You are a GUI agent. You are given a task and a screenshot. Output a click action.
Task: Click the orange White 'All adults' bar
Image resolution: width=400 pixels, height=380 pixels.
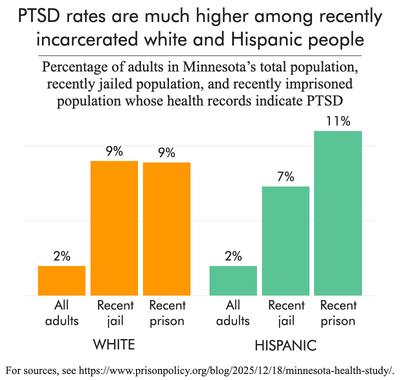pyautogui.click(x=62, y=280)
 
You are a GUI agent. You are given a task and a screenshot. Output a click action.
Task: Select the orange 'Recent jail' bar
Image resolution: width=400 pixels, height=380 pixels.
pyautogui.click(x=114, y=228)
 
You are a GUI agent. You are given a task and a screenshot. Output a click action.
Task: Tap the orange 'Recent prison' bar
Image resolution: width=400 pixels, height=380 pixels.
pyautogui.click(x=166, y=228)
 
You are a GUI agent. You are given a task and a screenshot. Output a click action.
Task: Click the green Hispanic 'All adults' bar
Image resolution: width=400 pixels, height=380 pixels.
pyautogui.click(x=233, y=280)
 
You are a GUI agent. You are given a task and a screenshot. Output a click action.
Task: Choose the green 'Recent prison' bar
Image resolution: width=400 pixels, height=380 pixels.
pyautogui.click(x=337, y=213)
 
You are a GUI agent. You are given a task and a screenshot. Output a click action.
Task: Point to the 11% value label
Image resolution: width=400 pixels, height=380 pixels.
pyautogui.click(x=337, y=121)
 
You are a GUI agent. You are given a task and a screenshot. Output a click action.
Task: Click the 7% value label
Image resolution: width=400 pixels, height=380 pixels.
pyautogui.click(x=285, y=176)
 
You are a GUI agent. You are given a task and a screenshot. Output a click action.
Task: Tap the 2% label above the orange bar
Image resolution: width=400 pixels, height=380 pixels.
pyautogui.click(x=62, y=256)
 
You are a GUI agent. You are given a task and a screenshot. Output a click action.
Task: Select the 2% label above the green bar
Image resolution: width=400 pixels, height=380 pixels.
pyautogui.click(x=233, y=256)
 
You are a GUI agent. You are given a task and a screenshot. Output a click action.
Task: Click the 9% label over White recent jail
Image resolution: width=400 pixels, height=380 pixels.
pyautogui.click(x=114, y=151)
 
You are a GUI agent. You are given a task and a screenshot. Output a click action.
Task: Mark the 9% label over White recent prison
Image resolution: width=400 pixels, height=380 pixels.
pyautogui.click(x=166, y=151)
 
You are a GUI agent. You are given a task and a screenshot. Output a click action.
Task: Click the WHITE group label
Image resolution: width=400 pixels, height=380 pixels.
pyautogui.click(x=114, y=344)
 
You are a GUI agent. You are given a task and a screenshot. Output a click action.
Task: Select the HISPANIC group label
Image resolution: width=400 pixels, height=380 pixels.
pyautogui.click(x=285, y=344)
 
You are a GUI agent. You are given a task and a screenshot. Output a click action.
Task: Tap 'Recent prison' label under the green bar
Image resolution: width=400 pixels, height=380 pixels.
pyautogui.click(x=337, y=314)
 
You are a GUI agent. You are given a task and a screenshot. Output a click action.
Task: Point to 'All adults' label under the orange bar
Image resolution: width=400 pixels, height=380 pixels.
pyautogui.click(x=62, y=314)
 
